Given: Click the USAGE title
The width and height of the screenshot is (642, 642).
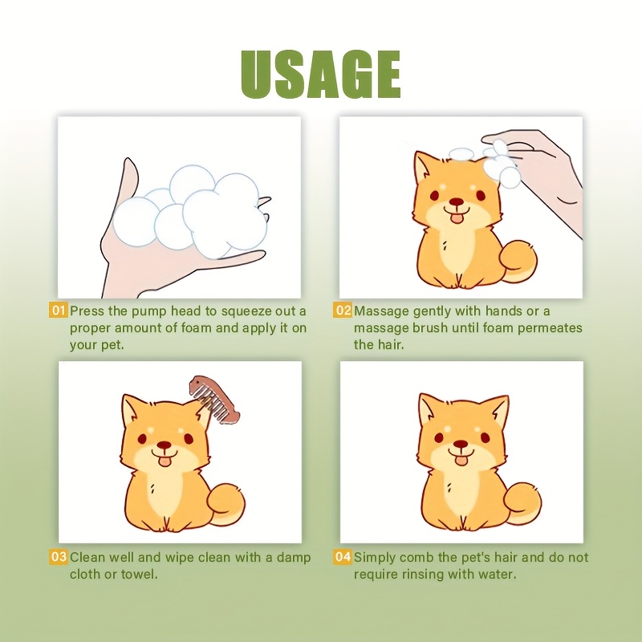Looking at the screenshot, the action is point(320,74).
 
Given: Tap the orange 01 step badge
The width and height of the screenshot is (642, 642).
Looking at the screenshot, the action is point(59,311).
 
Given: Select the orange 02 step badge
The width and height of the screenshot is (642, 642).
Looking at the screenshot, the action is point(343,311).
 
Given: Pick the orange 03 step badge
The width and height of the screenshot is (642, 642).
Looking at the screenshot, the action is point(59,557).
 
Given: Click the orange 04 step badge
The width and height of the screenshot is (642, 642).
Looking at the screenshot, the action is point(343,557).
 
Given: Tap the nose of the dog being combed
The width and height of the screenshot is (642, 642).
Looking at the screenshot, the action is point(165,445).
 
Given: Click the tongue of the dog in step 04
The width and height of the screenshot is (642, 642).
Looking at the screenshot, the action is point(461,461).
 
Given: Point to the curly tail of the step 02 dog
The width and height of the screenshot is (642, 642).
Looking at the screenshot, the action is point(516,262).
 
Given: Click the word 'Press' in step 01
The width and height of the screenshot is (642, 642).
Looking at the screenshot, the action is point(87,311).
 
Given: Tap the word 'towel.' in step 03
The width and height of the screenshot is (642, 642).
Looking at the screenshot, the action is point(139,574).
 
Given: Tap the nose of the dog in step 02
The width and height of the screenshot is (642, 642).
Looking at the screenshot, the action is point(457,202).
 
